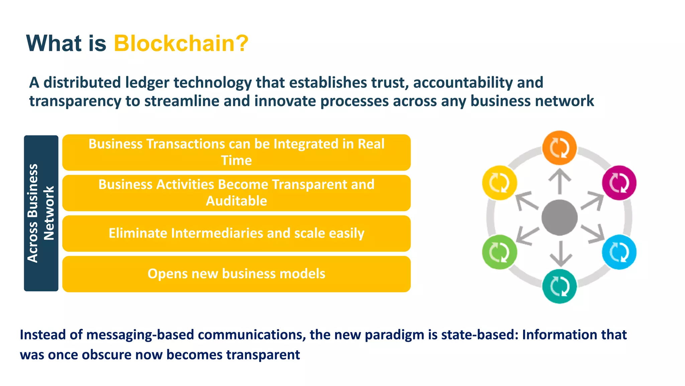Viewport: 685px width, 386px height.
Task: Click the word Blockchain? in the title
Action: pyautogui.click(x=181, y=44)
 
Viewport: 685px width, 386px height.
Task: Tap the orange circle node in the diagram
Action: pyautogui.click(x=559, y=148)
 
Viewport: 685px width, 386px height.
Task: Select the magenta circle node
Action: pyautogui.click(x=619, y=183)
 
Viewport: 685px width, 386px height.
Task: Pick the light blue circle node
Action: pyautogui.click(x=619, y=252)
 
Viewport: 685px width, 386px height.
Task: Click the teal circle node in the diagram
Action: pyautogui.click(x=559, y=287)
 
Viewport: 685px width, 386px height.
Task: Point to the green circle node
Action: pyautogui.click(x=499, y=252)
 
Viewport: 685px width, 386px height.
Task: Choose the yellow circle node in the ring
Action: pyautogui.click(x=499, y=183)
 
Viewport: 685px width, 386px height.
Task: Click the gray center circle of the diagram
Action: pyautogui.click(x=559, y=217)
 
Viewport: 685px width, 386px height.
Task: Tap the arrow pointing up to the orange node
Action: pyautogui.click(x=560, y=181)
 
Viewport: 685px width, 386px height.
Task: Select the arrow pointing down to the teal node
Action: pyautogui.click(x=560, y=254)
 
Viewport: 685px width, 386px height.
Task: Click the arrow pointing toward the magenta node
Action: pyautogui.click(x=592, y=200)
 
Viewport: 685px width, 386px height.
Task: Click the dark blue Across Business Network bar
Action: pyautogui.click(x=41, y=213)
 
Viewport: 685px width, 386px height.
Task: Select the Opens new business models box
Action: pyautogui.click(x=236, y=274)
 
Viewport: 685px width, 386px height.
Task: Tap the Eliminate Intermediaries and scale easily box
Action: pyautogui.click(x=236, y=233)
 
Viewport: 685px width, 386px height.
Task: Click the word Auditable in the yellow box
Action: pyautogui.click(x=236, y=201)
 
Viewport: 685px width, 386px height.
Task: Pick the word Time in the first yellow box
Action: pyautogui.click(x=236, y=160)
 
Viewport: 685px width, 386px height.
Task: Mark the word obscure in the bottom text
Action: pyautogui.click(x=106, y=355)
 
